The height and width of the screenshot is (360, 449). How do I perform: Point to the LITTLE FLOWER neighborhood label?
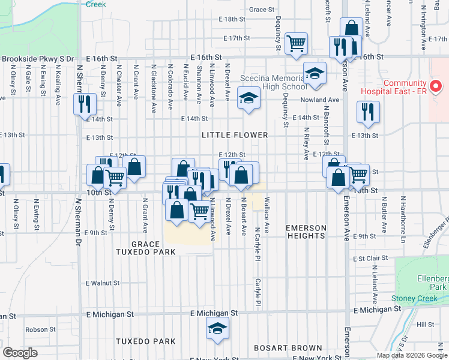click(234, 135)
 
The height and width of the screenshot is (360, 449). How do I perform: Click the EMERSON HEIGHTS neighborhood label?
click(306, 232)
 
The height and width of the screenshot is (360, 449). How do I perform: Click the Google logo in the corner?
click(20, 353)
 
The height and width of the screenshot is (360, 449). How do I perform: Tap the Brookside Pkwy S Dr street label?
click(37, 59)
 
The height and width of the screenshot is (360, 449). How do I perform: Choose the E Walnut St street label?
click(103, 283)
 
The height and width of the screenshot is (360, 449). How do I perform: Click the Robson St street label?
click(40, 329)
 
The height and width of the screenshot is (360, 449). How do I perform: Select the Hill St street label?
click(425, 324)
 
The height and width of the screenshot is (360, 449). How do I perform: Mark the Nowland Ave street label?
click(320, 100)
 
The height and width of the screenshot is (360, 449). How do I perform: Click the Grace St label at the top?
click(261, 10)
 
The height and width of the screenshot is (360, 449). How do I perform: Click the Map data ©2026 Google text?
click(412, 355)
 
